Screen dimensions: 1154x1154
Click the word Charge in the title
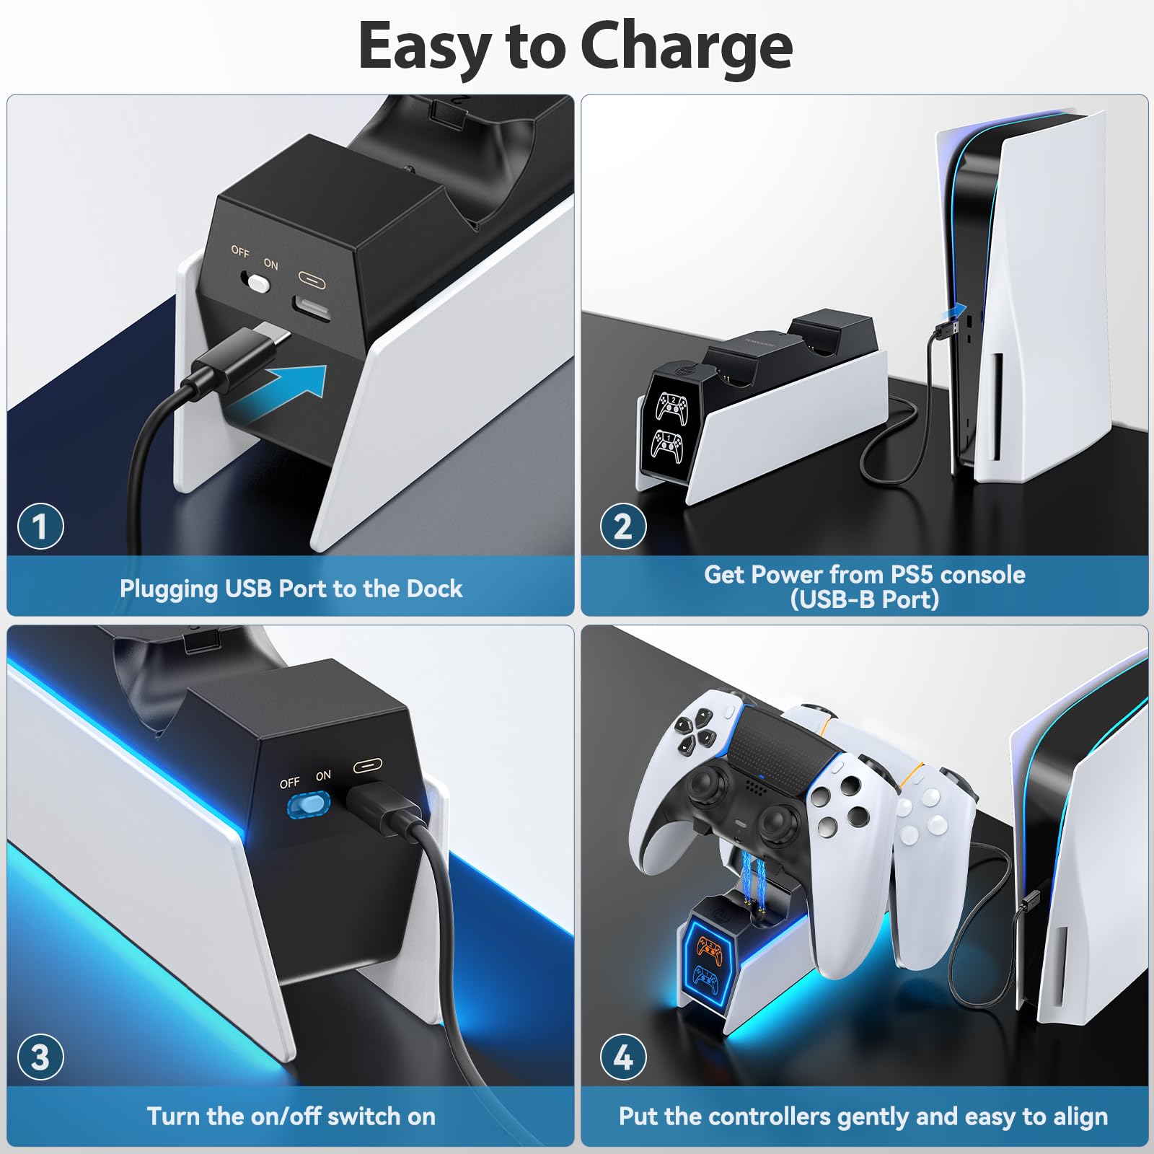click(x=686, y=47)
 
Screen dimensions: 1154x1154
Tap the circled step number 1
click(x=40, y=526)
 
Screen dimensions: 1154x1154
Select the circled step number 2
click(x=622, y=526)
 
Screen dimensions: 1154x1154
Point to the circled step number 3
click(x=40, y=1057)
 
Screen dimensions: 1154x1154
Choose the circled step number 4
click(x=622, y=1057)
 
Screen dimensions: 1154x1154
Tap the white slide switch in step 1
click(x=257, y=282)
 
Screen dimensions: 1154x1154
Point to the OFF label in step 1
click(x=240, y=251)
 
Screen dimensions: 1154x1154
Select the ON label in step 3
click(x=323, y=775)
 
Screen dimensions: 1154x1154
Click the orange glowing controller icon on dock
click(x=710, y=951)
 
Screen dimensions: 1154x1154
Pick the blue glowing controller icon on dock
click(x=705, y=978)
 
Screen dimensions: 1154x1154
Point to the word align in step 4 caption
click(x=1080, y=1116)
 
